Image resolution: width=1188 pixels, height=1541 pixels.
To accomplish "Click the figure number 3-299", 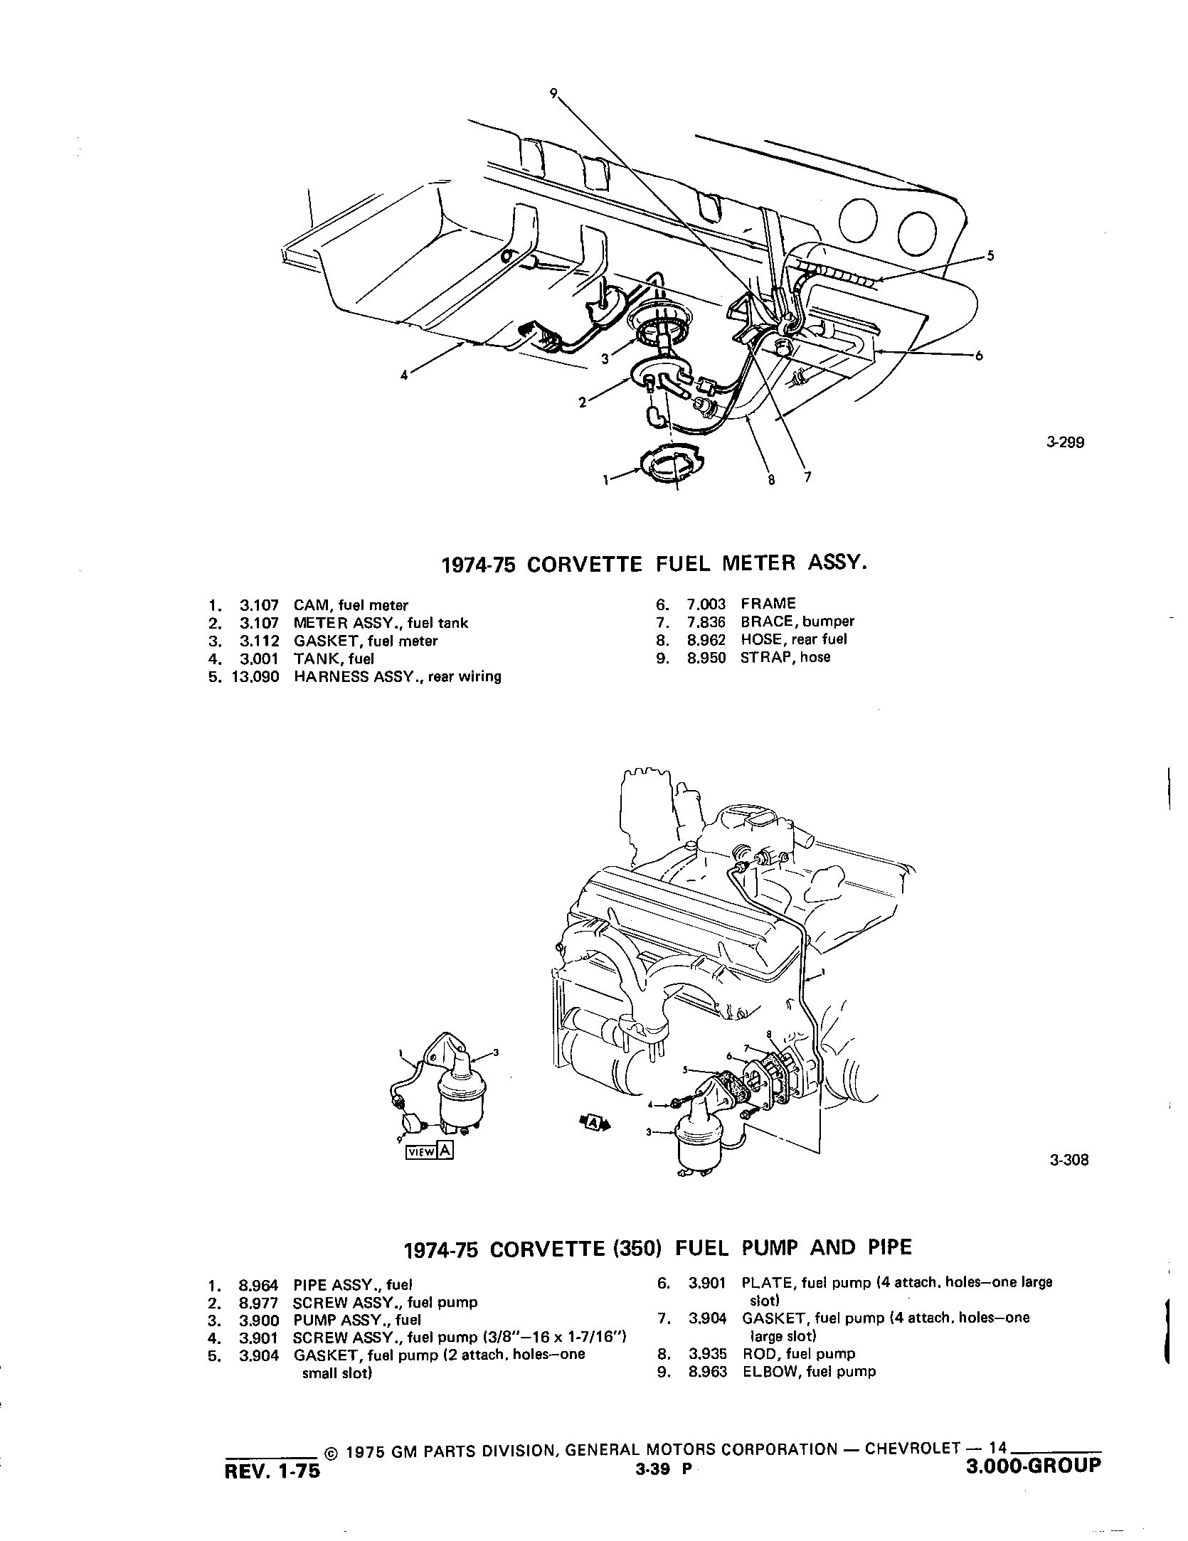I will [1065, 442].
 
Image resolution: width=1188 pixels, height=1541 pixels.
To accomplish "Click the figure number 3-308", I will [1068, 1161].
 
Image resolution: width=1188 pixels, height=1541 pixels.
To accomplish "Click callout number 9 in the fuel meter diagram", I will [553, 92].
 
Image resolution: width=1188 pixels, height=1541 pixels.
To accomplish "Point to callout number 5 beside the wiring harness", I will [990, 256].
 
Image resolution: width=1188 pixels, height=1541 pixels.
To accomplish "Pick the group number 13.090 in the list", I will [255, 676].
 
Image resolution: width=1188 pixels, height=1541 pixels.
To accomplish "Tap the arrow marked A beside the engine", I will [594, 1122].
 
